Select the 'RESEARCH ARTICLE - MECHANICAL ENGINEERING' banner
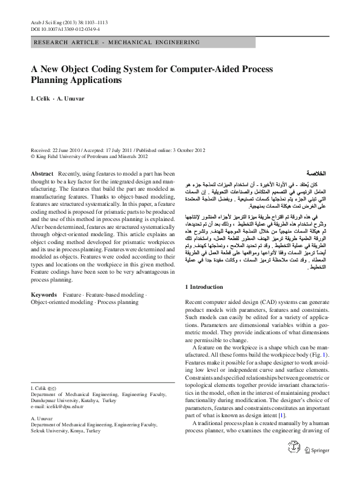click(117, 42)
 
